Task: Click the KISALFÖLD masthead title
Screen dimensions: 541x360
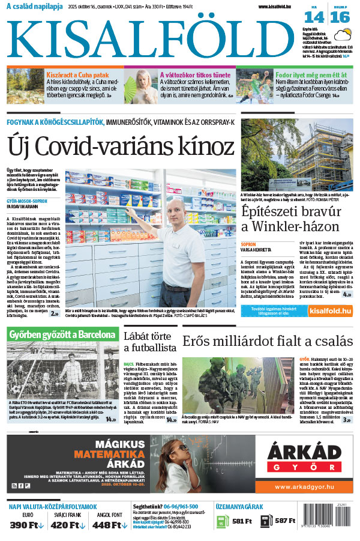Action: click(x=153, y=37)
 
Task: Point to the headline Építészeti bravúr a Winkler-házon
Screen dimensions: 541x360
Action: click(x=292, y=219)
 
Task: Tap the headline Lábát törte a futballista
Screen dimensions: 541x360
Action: click(x=149, y=341)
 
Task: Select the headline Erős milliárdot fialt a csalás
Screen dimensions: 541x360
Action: click(x=267, y=341)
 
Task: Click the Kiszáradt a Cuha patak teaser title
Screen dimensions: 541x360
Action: click(x=79, y=75)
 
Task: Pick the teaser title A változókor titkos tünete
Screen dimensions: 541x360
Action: click(x=196, y=75)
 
